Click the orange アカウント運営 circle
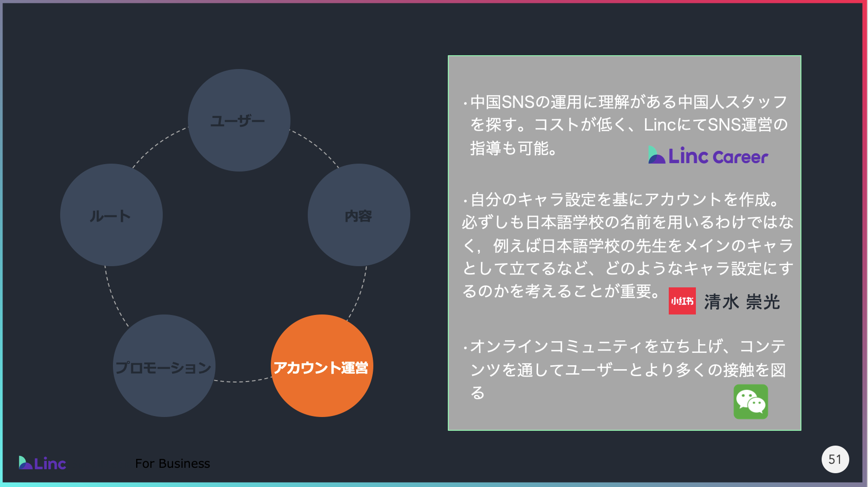(x=322, y=366)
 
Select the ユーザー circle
(x=239, y=120)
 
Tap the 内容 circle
(x=359, y=215)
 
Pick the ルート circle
(x=111, y=215)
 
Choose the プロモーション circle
(x=164, y=366)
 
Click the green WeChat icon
(x=751, y=402)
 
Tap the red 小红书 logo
(x=682, y=301)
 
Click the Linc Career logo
(x=708, y=156)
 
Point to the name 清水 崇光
(x=742, y=302)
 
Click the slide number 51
(x=835, y=459)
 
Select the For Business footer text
(x=173, y=463)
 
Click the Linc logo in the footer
(x=42, y=463)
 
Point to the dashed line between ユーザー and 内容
(x=316, y=146)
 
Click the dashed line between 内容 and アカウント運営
(x=359, y=294)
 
